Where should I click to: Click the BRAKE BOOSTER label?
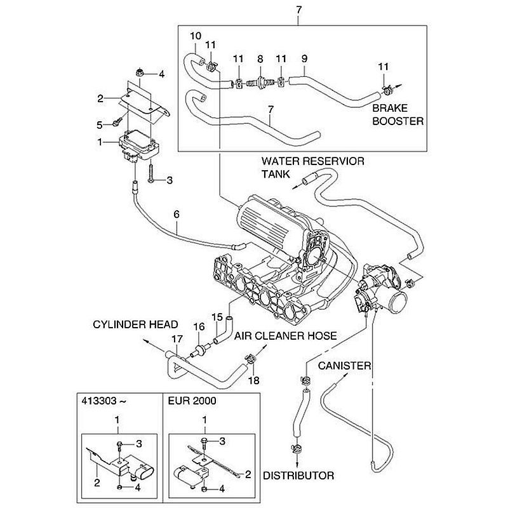pyautogui.click(x=398, y=114)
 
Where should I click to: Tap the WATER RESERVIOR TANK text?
pyautogui.click(x=313, y=167)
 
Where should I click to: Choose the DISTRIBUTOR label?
pyautogui.click(x=298, y=474)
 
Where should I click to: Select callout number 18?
pyautogui.click(x=254, y=380)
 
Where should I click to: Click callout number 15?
pyautogui.click(x=216, y=316)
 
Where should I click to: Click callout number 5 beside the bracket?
pyautogui.click(x=99, y=124)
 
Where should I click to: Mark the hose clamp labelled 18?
pyautogui.click(x=252, y=361)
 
